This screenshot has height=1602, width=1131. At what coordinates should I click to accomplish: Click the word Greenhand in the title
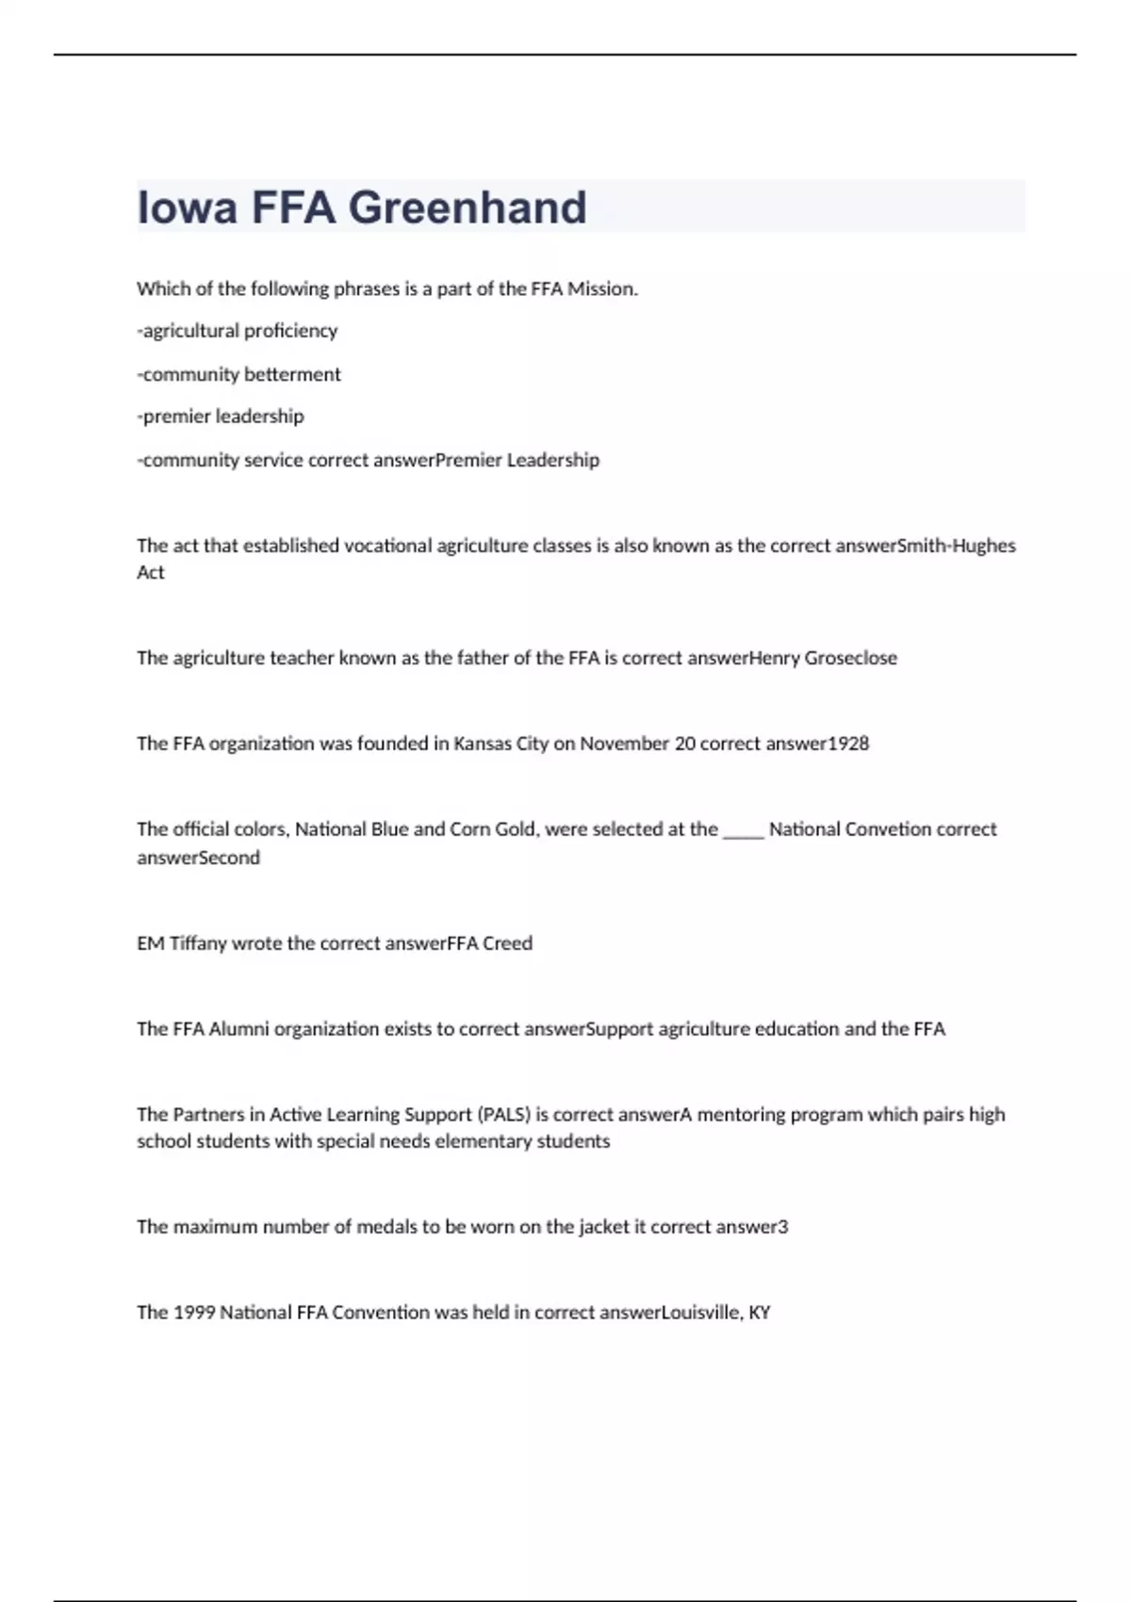[467, 207]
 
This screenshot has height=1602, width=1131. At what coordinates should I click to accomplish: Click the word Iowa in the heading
[188, 207]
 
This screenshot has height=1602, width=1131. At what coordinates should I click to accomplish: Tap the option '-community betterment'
[238, 374]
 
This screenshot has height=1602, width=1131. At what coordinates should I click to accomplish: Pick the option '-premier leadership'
[221, 417]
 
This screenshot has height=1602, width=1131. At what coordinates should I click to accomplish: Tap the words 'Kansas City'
[500, 744]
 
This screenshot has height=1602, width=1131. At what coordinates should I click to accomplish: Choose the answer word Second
[229, 858]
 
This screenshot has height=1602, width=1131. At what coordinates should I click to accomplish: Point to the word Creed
[507, 943]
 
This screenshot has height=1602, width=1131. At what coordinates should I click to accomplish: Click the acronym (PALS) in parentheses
[504, 1115]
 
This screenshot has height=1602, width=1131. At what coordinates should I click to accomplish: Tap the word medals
[386, 1227]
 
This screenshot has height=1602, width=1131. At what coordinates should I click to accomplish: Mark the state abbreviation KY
[759, 1313]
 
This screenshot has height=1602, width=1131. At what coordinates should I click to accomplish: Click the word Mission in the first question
[600, 289]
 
